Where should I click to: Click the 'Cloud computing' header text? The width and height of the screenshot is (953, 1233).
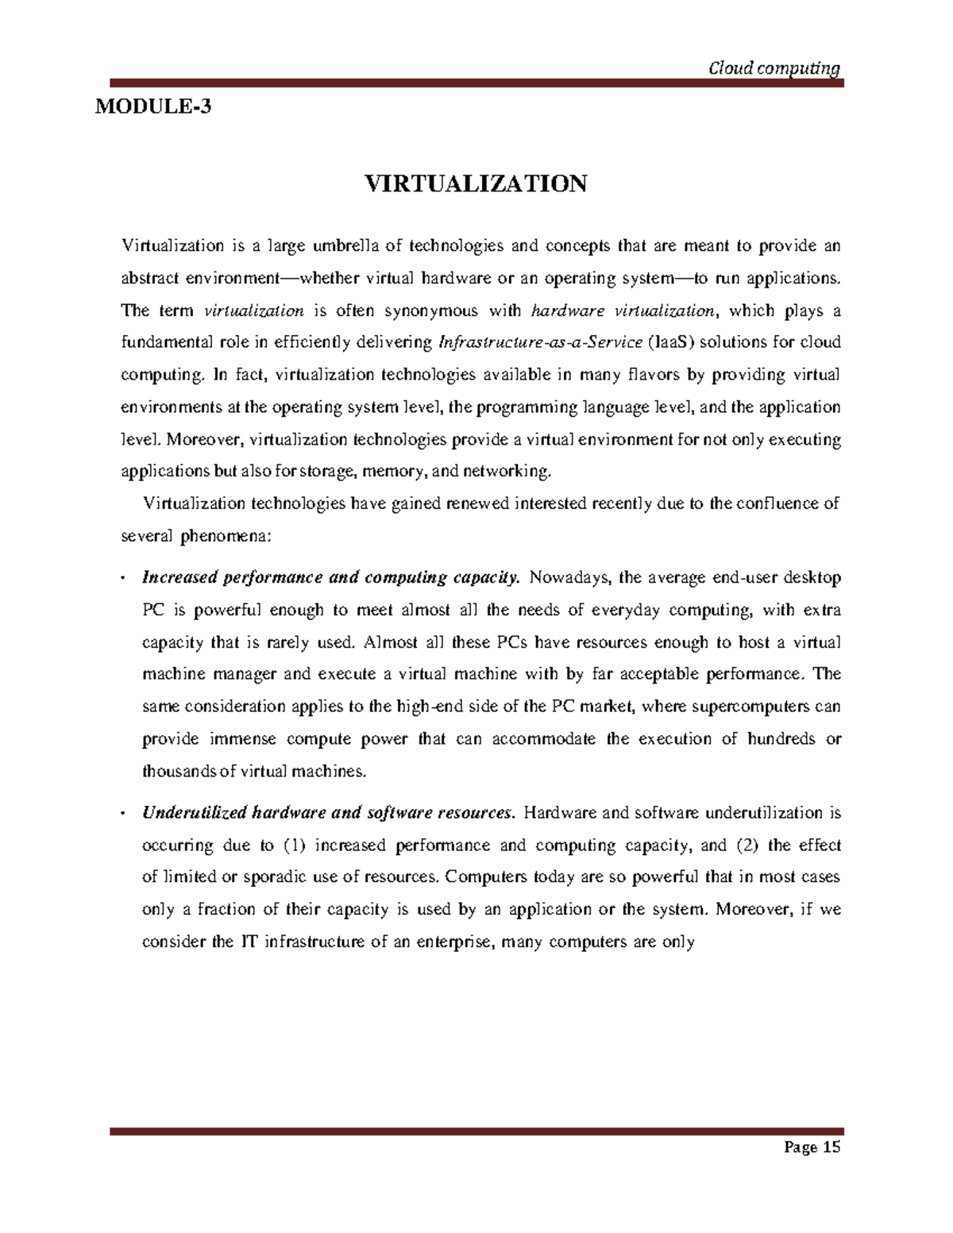click(773, 69)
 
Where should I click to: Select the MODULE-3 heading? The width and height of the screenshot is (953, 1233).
click(153, 106)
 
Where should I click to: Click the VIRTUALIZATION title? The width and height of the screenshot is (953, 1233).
click(475, 184)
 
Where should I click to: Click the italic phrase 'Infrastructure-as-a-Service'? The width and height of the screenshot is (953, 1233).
click(540, 343)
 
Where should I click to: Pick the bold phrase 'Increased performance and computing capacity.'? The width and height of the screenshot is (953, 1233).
click(330, 577)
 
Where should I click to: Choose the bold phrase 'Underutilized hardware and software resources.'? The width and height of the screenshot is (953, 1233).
click(329, 812)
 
